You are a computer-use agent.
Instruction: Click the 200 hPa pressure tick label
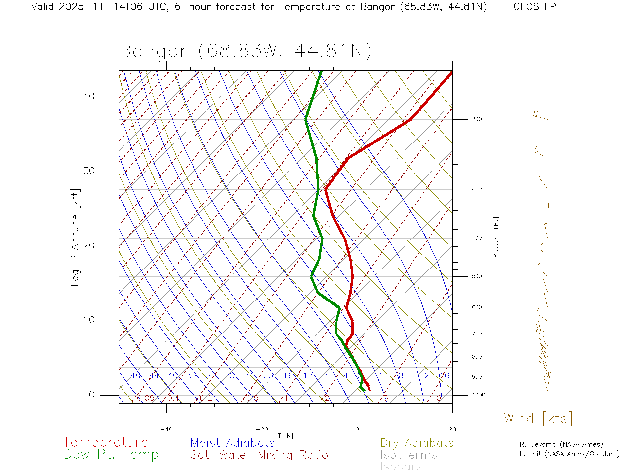coord(476,119)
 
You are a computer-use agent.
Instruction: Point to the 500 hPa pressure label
coord(476,276)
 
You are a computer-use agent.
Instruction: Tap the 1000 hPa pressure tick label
coord(478,395)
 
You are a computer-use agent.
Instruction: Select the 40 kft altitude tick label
coord(88,96)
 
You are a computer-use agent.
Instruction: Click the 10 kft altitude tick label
coord(88,320)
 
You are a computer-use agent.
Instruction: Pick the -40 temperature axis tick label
coord(166,429)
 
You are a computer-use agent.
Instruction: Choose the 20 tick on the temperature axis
coord(452,429)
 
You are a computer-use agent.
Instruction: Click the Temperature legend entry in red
coord(106,442)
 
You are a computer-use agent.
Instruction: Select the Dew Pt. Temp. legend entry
coord(113,455)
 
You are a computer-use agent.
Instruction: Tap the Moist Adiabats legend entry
coord(233,443)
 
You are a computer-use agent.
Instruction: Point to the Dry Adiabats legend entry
coord(417,443)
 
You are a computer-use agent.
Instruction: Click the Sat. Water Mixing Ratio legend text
coord(259,455)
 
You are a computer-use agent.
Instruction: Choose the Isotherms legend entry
coord(409,455)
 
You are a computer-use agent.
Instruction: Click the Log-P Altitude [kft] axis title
coord(75,237)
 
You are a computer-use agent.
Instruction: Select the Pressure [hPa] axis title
coord(496,237)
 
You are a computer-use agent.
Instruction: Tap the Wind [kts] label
coord(538,419)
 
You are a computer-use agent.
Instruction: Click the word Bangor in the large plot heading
coord(154,51)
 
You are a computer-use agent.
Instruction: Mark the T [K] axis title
coord(285,436)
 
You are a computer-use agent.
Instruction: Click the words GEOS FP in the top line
coord(535,7)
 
